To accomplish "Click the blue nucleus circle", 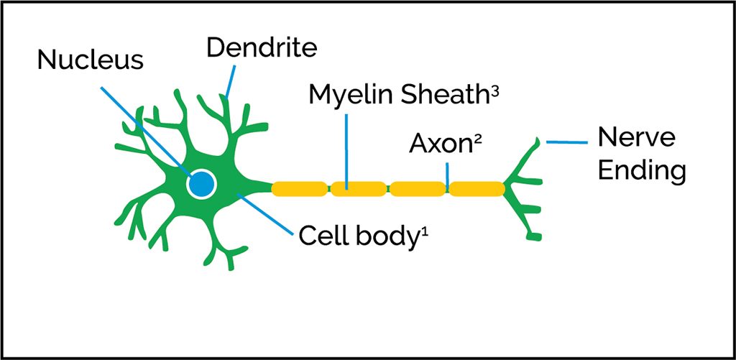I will pos(201,185).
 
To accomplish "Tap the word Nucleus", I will pos(91,60).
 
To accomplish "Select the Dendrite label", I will pos(262,48).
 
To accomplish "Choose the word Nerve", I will pos(637,137).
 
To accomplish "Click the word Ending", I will pos(642,171).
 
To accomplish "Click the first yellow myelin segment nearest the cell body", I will pos(300,189).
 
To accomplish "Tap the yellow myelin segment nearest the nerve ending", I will pos(477,189).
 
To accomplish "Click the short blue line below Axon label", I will pos(448,173).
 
